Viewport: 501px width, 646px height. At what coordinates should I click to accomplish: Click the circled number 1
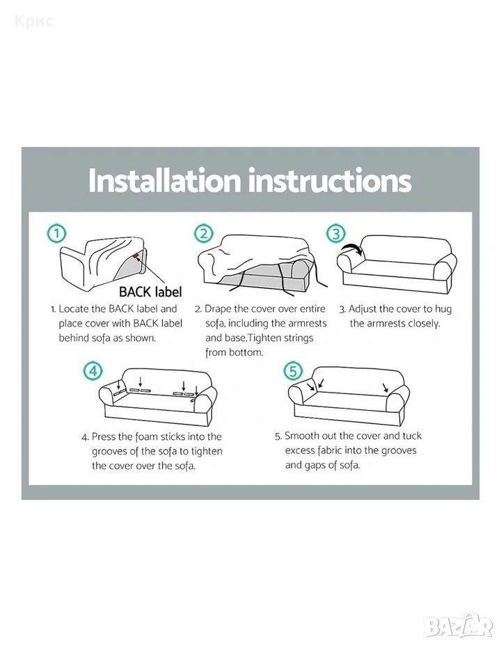tap(57, 234)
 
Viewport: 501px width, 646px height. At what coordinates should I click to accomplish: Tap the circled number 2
tap(204, 234)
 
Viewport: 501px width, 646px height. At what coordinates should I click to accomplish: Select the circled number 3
tap(336, 234)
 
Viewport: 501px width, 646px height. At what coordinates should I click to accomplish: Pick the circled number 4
tap(93, 371)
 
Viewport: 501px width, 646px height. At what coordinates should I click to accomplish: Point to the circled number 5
tap(293, 371)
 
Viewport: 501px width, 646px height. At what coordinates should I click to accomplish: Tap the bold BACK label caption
tap(150, 292)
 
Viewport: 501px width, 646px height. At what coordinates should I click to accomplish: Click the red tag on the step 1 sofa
tap(136, 257)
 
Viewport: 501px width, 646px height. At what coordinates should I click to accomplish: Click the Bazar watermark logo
tap(458, 627)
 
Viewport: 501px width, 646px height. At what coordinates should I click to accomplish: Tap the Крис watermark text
tap(34, 20)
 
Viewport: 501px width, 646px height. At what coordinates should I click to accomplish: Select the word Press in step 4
tap(103, 436)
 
